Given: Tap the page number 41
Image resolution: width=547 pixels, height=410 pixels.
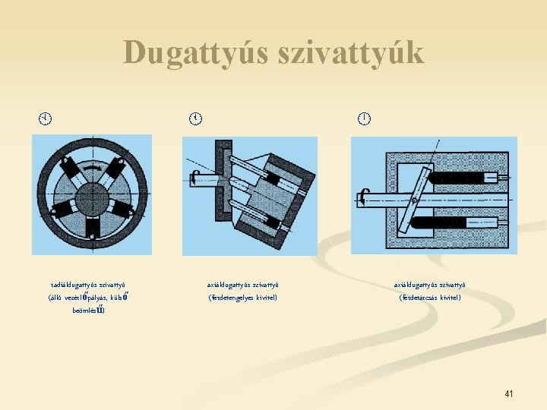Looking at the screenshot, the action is click(x=509, y=393).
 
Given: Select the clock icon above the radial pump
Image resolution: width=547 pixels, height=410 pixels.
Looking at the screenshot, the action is click(x=46, y=118).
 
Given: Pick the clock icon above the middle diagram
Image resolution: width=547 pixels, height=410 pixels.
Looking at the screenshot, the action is click(x=196, y=118).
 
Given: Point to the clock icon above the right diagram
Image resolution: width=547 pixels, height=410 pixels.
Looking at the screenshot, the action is click(x=365, y=118).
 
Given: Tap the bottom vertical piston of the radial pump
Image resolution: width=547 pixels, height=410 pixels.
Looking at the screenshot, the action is click(x=92, y=225).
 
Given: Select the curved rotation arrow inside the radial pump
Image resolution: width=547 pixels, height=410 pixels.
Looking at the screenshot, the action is click(x=93, y=169).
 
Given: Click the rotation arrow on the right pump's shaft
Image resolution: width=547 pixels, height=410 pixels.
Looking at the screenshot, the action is click(x=365, y=199).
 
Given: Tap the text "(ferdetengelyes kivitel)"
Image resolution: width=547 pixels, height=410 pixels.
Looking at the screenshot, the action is click(x=243, y=298).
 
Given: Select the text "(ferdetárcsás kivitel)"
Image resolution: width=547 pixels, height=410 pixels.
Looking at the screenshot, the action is click(x=430, y=298).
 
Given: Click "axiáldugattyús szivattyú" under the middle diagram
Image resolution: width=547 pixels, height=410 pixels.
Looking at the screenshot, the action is click(x=243, y=285).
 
